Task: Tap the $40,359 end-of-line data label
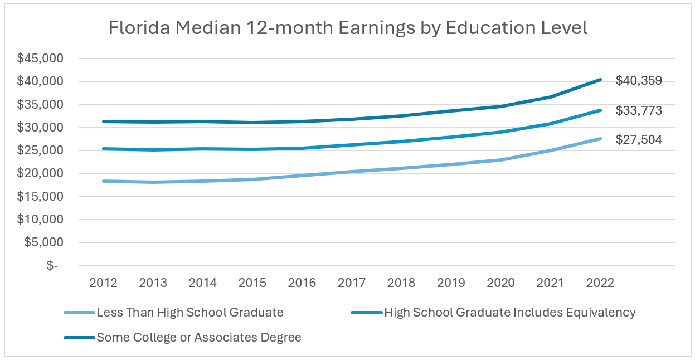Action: pyautogui.click(x=639, y=81)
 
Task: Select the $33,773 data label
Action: pyautogui.click(x=639, y=111)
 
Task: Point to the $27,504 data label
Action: pyautogui.click(x=639, y=140)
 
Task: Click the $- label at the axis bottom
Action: pyautogui.click(x=52, y=266)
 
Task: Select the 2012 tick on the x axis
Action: pyautogui.click(x=103, y=283)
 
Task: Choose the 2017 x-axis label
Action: pyautogui.click(x=352, y=283)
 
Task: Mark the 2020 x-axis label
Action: pyautogui.click(x=501, y=283)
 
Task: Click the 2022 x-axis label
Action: pyautogui.click(x=600, y=283)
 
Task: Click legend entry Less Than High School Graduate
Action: pyautogui.click(x=189, y=313)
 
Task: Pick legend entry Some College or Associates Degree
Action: pyautogui.click(x=199, y=337)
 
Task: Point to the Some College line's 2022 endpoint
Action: pyautogui.click(x=600, y=80)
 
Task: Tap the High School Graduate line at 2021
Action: pyautogui.click(x=551, y=124)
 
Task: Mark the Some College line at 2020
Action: pyautogui.click(x=501, y=106)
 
